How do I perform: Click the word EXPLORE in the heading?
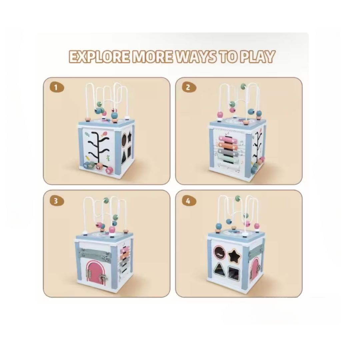(99, 56)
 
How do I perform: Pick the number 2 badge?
(189, 87)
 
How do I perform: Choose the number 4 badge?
(189, 201)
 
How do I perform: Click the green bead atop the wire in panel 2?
(244, 87)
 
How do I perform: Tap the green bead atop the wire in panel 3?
(106, 200)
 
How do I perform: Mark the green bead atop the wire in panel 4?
(238, 198)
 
